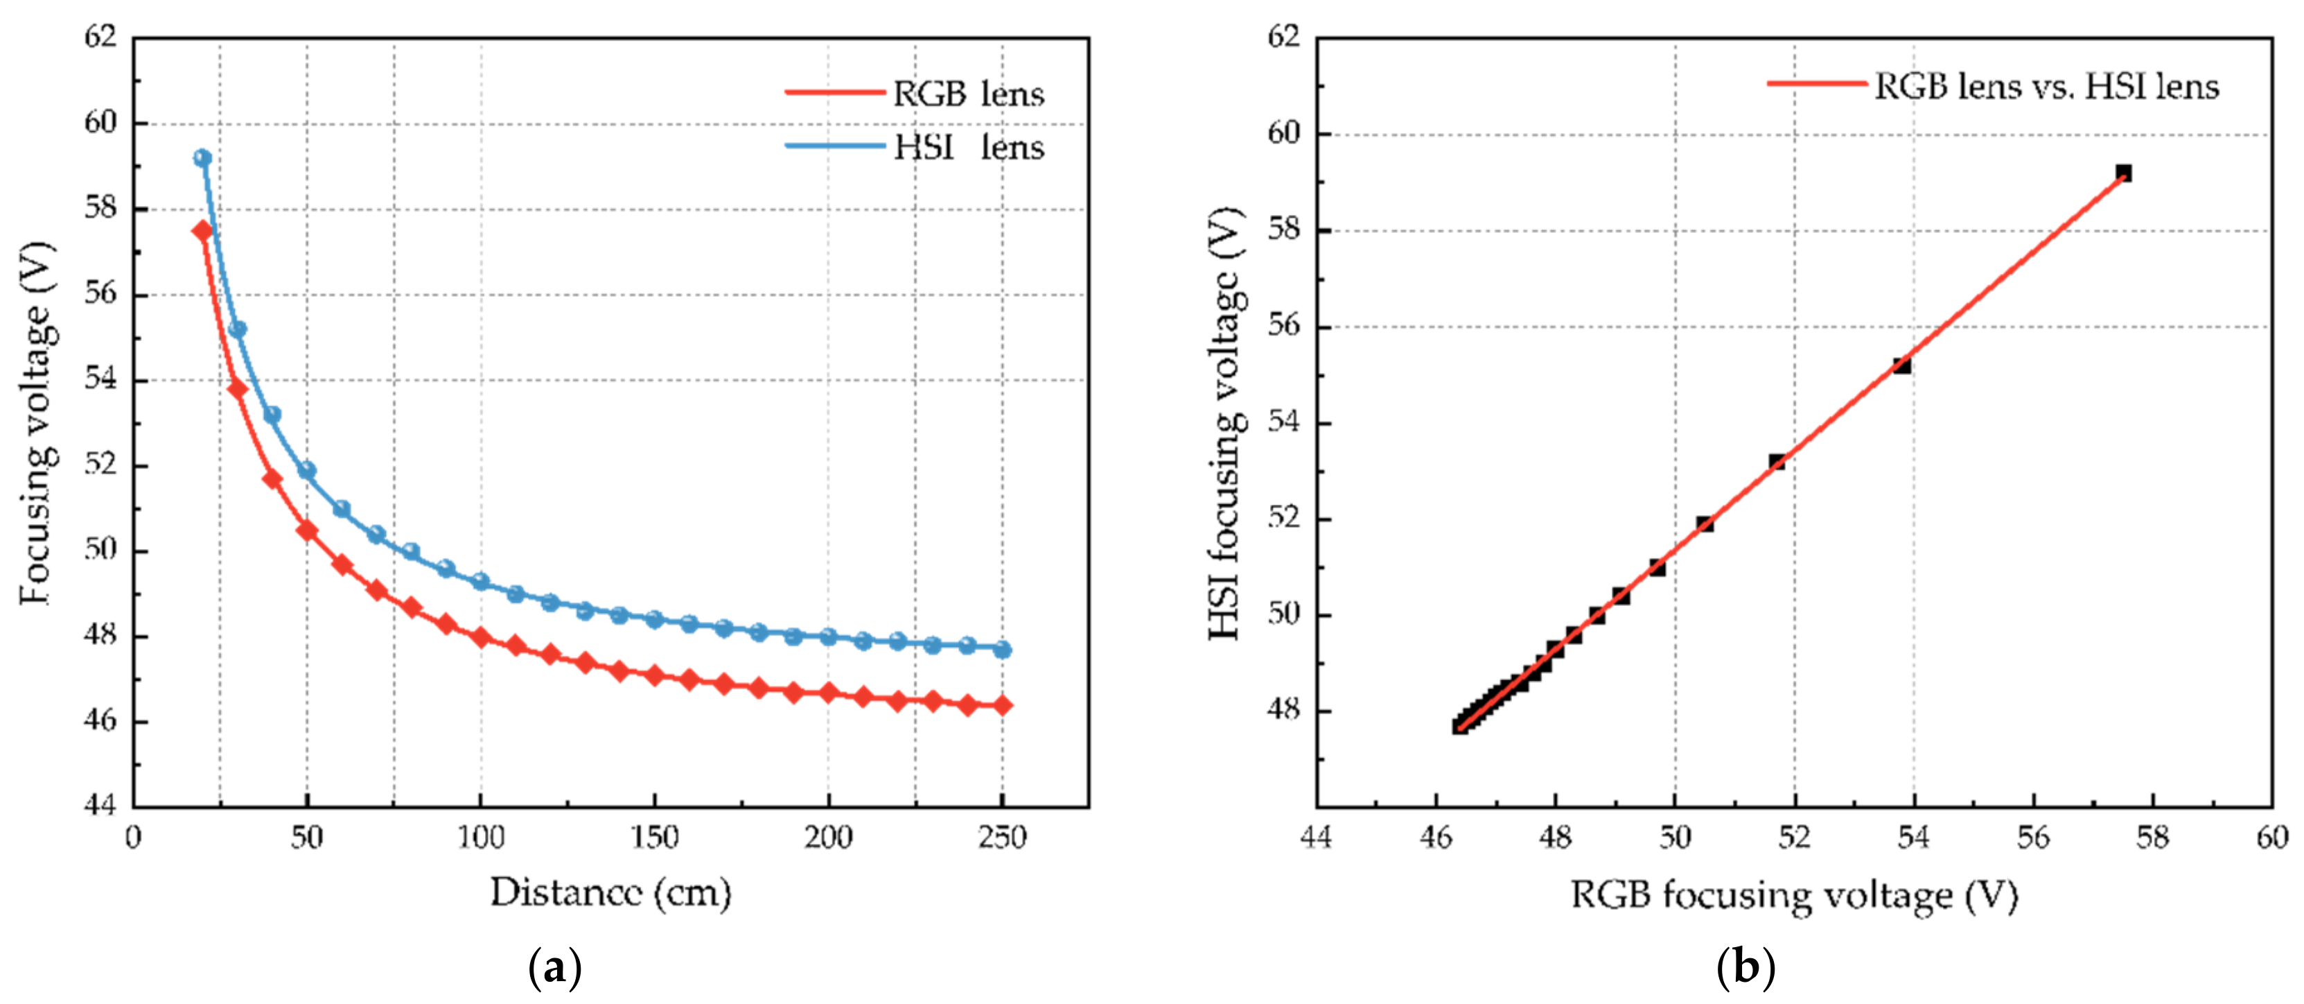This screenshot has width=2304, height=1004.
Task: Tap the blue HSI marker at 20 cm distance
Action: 203,158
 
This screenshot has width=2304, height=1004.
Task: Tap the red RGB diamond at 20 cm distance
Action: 203,231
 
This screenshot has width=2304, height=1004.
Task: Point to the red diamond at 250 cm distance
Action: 1003,705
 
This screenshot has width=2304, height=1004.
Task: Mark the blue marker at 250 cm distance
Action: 1003,650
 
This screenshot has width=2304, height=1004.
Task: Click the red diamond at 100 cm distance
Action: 481,637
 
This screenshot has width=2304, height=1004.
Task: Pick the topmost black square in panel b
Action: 2123,173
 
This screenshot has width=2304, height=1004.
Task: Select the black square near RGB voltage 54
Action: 1902,365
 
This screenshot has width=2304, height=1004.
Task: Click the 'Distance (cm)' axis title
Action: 611,892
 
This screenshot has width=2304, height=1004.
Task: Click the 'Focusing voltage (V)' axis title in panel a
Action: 37,422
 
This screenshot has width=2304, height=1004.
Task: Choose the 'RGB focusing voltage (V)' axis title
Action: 1794,895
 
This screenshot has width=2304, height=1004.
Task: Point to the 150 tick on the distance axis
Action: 655,838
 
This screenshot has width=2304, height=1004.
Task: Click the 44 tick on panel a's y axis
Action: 100,804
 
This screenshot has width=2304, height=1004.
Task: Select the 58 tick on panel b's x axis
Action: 2152,838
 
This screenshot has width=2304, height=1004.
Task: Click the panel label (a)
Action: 556,967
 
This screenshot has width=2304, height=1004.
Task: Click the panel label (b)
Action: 1746,967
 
